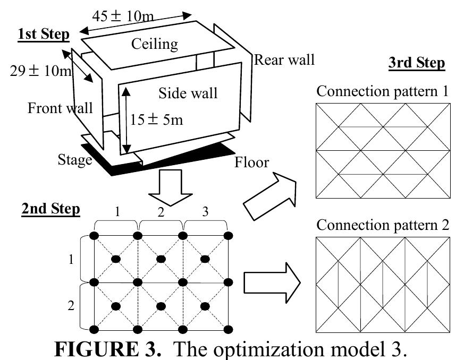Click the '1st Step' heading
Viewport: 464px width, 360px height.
click(43, 35)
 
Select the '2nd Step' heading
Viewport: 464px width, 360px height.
click(51, 209)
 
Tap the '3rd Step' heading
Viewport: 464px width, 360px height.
click(417, 63)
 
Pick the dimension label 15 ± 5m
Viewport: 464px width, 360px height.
click(156, 119)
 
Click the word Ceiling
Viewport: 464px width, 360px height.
click(154, 44)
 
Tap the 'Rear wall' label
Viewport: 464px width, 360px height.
click(284, 59)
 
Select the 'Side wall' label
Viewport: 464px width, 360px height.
click(188, 93)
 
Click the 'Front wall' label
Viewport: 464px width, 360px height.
click(60, 108)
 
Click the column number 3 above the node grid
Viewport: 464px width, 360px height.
click(206, 212)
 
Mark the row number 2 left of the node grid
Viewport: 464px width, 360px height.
click(71, 306)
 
